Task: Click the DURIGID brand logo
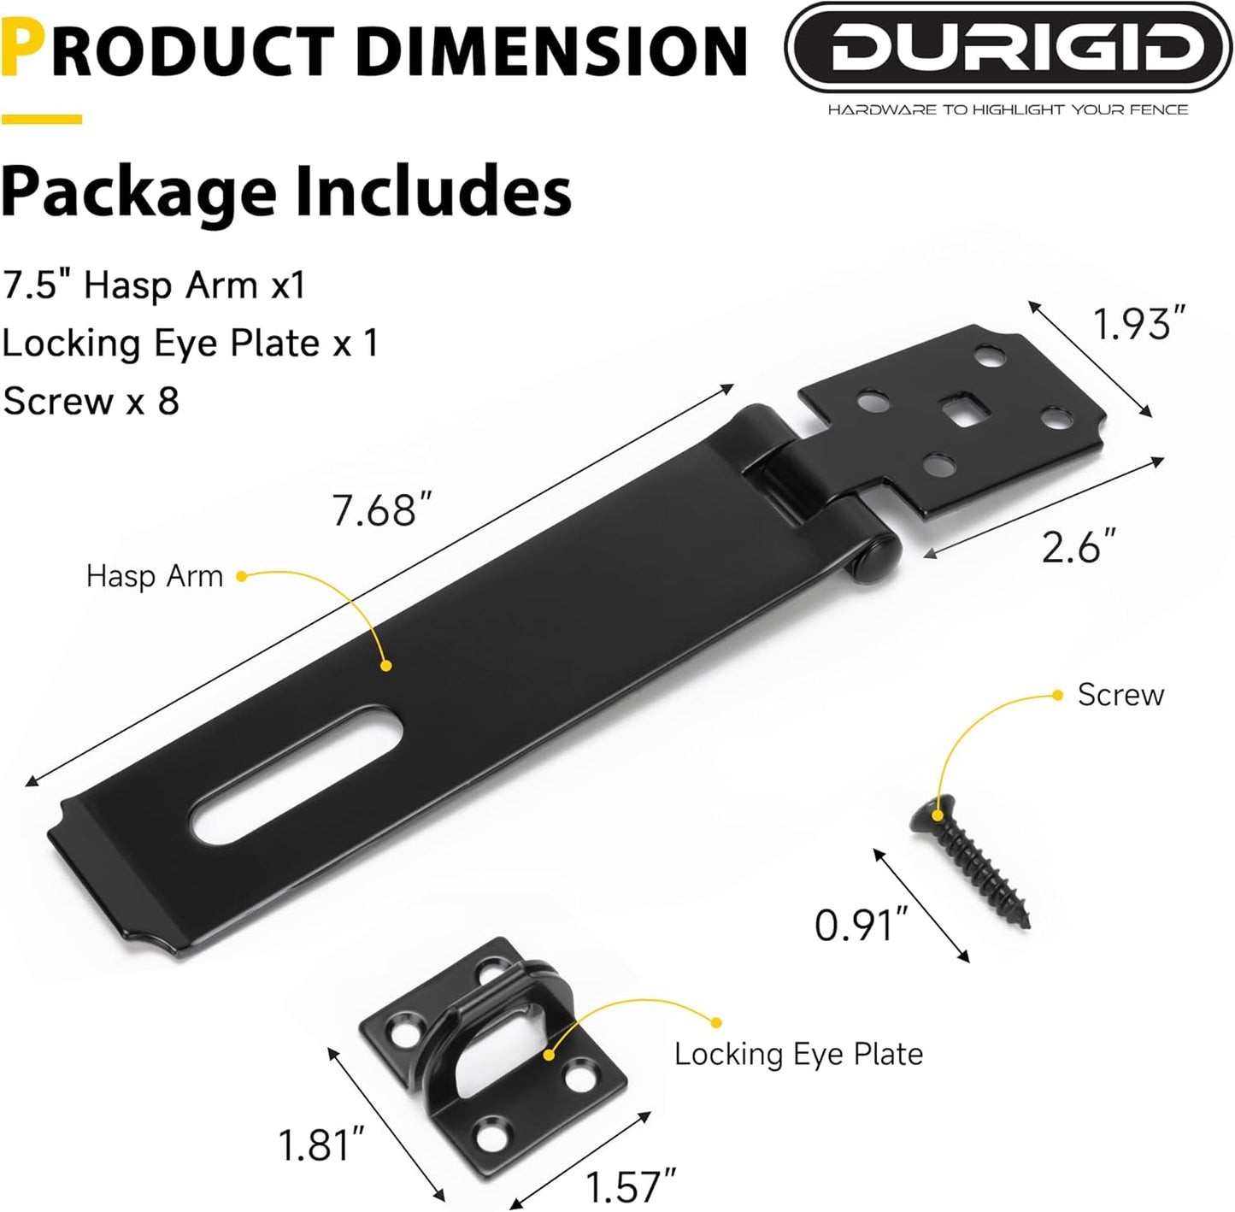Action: tap(1009, 48)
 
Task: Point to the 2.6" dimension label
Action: tap(1079, 547)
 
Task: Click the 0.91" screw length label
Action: tap(860, 925)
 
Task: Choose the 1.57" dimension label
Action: tap(631, 1186)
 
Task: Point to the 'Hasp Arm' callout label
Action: tap(155, 576)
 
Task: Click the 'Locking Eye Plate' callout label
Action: tap(798, 1054)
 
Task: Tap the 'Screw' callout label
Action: tap(1120, 695)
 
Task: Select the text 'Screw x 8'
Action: tap(91, 401)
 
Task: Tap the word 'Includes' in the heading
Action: tap(433, 191)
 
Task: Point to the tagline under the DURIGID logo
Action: tap(1008, 109)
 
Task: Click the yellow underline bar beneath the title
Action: tap(41, 120)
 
